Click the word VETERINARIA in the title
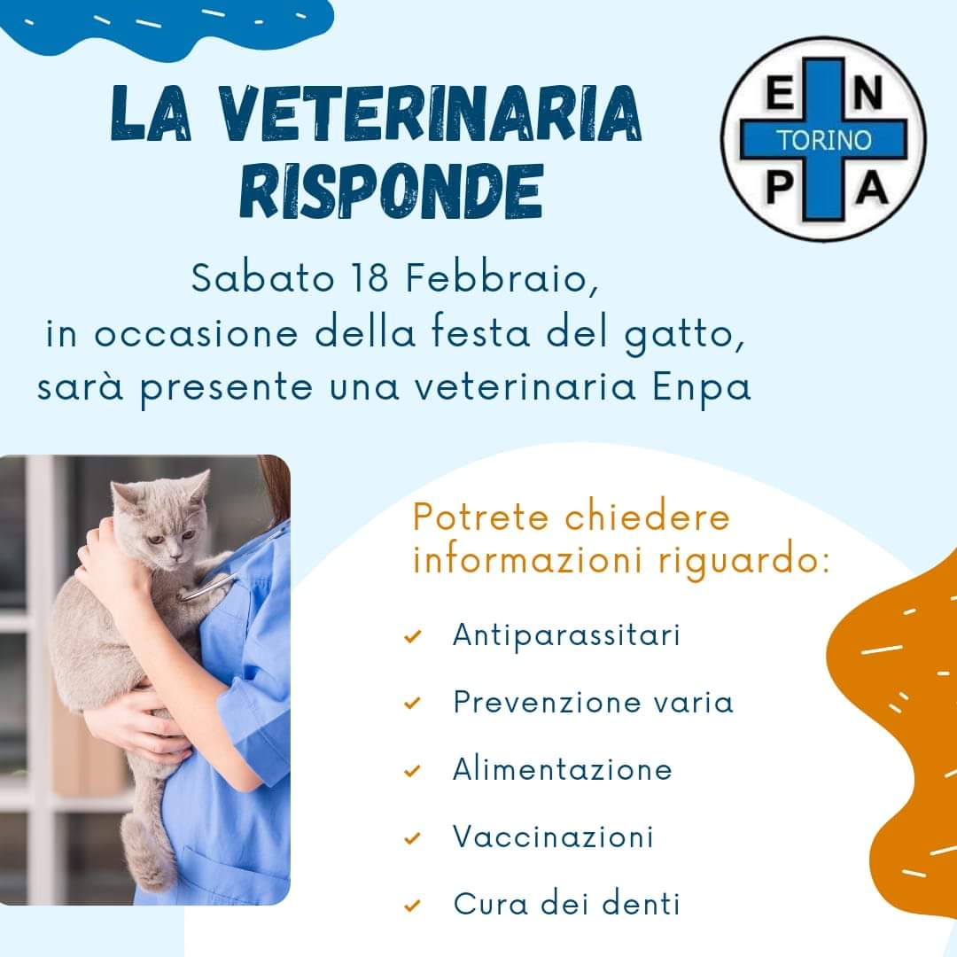tap(430, 113)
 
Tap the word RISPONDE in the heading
tap(392, 191)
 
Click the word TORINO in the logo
tap(823, 140)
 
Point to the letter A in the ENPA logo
tap(872, 187)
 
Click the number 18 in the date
tap(370, 278)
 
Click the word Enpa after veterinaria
tap(701, 388)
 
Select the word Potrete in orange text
tap(481, 517)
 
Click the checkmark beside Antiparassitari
tap(413, 636)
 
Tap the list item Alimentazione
tap(562, 769)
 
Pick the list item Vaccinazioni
tap(553, 836)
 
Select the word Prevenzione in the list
tap(547, 702)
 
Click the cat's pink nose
tap(175, 558)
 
